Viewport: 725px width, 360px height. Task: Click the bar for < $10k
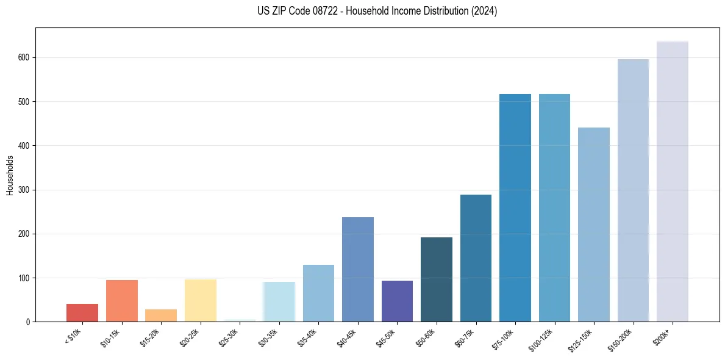(x=82, y=312)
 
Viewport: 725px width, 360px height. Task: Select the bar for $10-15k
(x=122, y=301)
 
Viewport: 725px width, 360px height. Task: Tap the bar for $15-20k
(x=161, y=315)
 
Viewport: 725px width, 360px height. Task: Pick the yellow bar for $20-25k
(x=201, y=300)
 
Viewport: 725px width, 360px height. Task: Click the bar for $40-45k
(x=358, y=269)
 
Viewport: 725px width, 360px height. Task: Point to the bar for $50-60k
(x=437, y=279)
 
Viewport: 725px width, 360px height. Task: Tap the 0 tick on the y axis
(x=29, y=322)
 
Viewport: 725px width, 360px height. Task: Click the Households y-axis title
(x=10, y=175)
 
